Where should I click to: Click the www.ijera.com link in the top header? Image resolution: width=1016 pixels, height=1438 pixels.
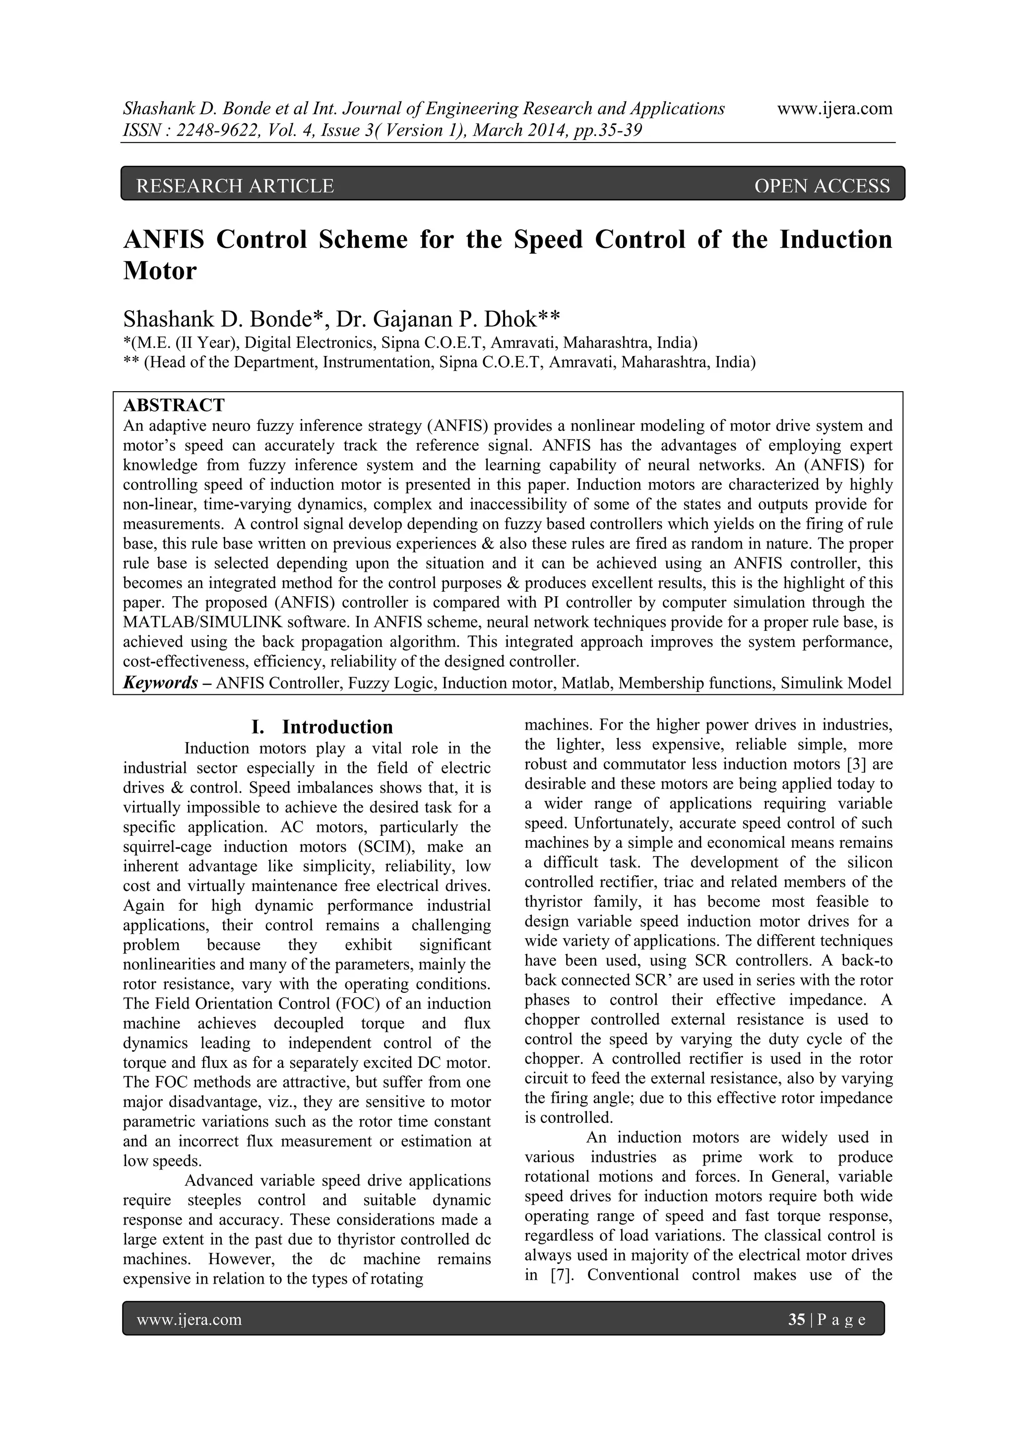(x=834, y=109)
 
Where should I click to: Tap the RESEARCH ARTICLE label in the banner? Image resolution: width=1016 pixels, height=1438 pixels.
(x=235, y=186)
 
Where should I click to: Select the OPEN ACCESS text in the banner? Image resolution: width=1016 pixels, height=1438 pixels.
(x=822, y=186)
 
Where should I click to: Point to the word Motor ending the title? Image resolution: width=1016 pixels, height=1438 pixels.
(x=160, y=271)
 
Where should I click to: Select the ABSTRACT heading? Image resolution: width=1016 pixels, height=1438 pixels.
(x=174, y=405)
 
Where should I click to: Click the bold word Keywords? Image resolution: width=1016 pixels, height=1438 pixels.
(x=161, y=683)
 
